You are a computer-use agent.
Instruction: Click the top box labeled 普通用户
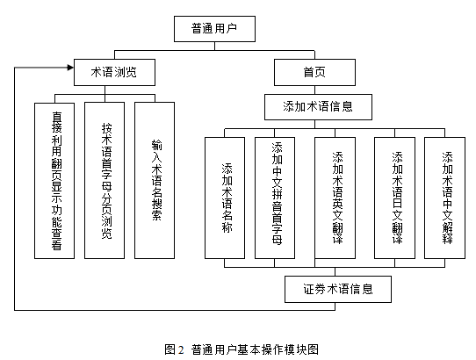(214, 29)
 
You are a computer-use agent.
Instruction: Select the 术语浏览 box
(114, 72)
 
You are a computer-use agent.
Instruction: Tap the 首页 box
(314, 72)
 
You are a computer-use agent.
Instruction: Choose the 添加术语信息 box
(318, 107)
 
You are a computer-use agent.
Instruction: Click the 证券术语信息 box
(338, 289)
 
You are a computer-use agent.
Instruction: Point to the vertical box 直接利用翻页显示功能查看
(54, 181)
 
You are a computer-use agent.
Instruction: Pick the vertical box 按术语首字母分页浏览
(105, 180)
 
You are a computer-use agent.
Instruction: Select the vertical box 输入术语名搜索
(155, 180)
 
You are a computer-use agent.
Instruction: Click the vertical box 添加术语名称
(225, 198)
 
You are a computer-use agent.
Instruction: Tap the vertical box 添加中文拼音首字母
(275, 198)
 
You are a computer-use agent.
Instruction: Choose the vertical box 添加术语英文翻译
(335, 198)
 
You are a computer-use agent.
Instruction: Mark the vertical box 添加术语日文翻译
(394, 198)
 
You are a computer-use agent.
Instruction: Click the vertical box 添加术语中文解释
(444, 198)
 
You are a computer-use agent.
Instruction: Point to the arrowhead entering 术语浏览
(71, 68)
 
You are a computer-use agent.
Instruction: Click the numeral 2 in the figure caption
(181, 350)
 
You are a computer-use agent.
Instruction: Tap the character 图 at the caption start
(170, 349)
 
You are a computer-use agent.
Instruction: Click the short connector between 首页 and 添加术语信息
(314, 90)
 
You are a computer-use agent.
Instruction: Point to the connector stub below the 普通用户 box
(214, 47)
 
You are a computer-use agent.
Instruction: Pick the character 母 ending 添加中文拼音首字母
(277, 239)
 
